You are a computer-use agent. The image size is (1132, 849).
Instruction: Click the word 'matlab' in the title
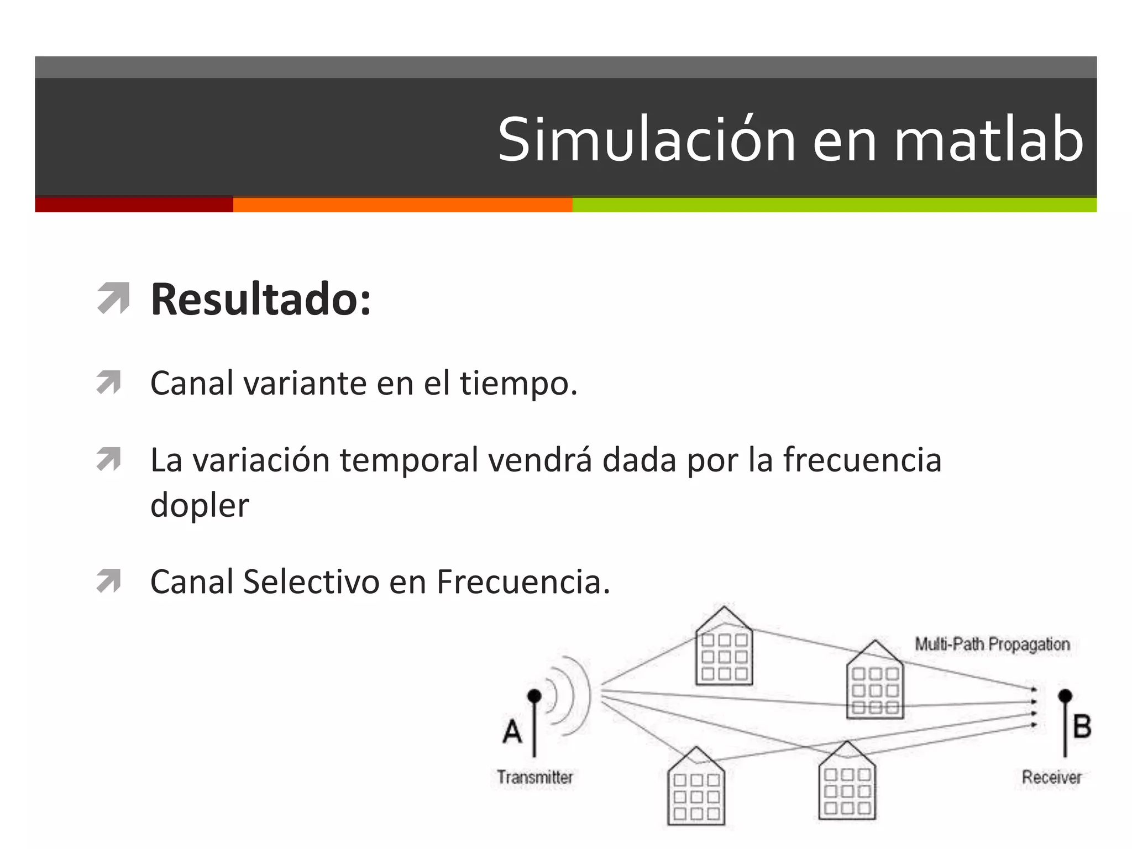(988, 140)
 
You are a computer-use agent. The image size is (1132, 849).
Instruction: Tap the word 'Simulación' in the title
(646, 140)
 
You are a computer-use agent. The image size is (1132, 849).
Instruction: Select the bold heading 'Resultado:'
(260, 299)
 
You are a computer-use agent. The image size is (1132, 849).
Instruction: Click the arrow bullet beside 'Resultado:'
(113, 298)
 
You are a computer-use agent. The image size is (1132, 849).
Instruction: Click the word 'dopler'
(200, 505)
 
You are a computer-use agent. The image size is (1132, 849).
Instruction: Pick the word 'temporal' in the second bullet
(409, 460)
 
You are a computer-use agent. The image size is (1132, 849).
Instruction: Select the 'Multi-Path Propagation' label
(992, 644)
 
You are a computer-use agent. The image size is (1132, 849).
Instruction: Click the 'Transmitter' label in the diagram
(534, 777)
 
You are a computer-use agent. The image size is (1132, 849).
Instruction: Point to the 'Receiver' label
(1051, 777)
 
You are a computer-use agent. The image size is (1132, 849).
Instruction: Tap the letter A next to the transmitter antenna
(512, 731)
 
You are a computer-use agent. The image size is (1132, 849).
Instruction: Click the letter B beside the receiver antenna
(1082, 726)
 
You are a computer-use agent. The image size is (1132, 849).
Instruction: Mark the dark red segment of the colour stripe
(134, 205)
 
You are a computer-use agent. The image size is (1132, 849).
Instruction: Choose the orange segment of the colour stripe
(402, 205)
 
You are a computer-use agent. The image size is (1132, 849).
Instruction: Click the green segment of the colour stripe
(834, 205)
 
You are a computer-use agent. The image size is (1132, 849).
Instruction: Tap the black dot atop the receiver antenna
(1065, 696)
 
